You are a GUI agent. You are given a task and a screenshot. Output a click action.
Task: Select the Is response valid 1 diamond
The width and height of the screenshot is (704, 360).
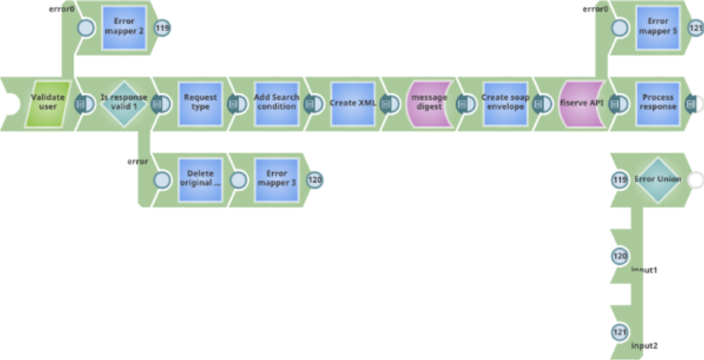pos(124,103)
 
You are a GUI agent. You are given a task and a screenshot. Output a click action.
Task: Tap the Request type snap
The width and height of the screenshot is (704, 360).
pos(200,103)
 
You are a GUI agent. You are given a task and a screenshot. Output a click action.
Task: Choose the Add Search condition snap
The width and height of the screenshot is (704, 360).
pos(276,103)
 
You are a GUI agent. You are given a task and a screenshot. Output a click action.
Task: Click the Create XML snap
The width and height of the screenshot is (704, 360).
pos(352,103)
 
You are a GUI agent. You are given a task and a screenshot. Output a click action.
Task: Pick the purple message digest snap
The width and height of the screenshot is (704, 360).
pos(428,103)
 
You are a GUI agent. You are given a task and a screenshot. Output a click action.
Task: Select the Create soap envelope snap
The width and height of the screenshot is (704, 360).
pos(505,103)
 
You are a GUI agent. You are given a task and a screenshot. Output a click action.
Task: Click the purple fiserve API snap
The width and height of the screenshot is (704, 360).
pos(580,103)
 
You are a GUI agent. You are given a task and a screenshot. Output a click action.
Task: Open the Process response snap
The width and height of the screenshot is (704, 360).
pos(657,103)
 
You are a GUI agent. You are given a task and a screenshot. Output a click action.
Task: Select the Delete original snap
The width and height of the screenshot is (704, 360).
pos(200,178)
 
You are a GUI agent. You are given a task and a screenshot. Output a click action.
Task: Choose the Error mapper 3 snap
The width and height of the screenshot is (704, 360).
pos(276,178)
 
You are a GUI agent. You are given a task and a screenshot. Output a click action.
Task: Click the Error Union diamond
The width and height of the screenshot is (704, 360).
pos(657,179)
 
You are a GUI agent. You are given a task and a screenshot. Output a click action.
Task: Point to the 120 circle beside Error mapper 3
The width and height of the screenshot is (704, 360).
pos(315,179)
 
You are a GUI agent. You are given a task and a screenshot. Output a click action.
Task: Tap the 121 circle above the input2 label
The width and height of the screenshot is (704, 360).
pos(619,332)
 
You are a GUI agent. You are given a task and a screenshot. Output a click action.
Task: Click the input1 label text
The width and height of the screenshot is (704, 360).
pos(644,270)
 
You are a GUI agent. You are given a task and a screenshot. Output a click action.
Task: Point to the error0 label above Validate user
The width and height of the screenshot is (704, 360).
pos(61,9)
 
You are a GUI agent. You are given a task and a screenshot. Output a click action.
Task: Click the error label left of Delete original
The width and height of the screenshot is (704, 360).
pos(138,161)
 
